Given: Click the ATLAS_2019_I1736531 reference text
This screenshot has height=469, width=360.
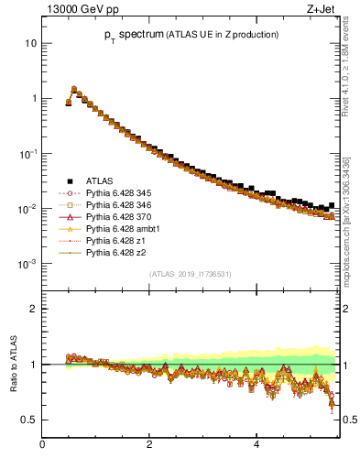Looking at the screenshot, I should click(x=191, y=274).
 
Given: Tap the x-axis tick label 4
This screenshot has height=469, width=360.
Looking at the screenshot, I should click(x=256, y=445).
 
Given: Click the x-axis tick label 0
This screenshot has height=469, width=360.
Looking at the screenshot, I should click(x=42, y=445).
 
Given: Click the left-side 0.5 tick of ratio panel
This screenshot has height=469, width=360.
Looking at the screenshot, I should click(x=30, y=420).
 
